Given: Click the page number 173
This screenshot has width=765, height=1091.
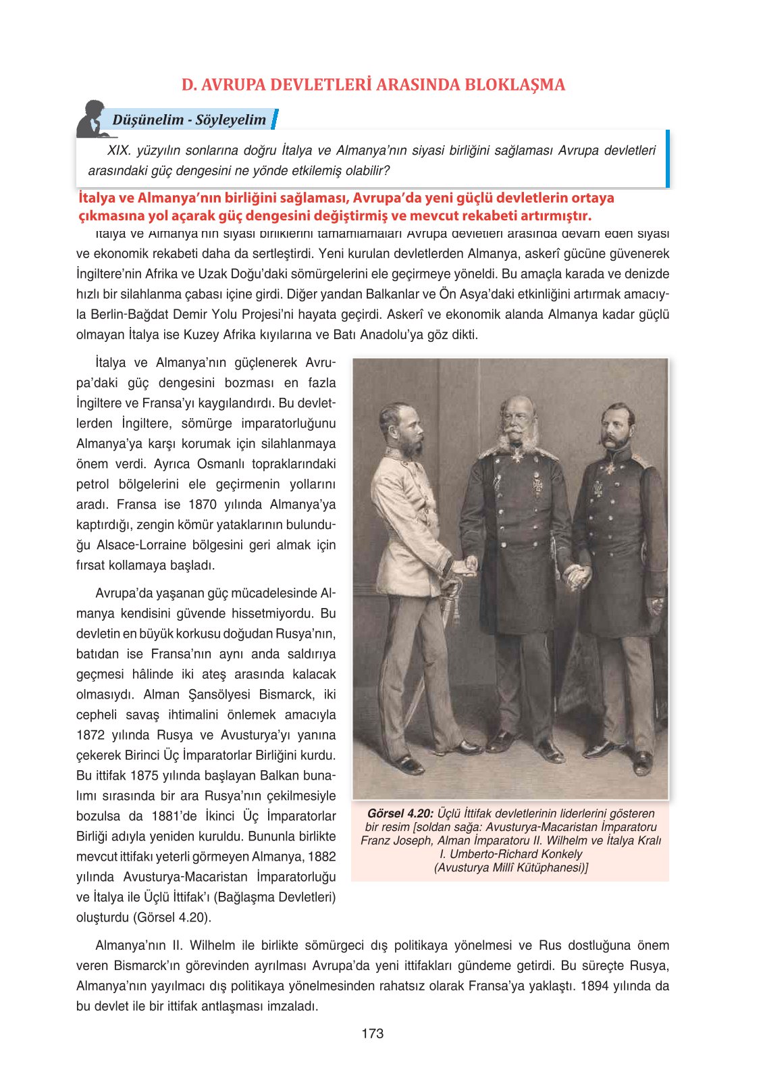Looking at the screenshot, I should click(372, 1033).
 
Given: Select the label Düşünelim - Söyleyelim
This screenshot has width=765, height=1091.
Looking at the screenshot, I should click(189, 120).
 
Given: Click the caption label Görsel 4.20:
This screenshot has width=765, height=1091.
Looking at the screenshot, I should click(400, 813).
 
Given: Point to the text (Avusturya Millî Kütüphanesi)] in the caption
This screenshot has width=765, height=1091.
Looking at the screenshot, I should click(510, 867).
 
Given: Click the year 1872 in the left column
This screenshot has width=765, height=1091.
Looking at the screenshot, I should click(91, 735).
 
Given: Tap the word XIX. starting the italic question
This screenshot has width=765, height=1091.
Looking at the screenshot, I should click(119, 151).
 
